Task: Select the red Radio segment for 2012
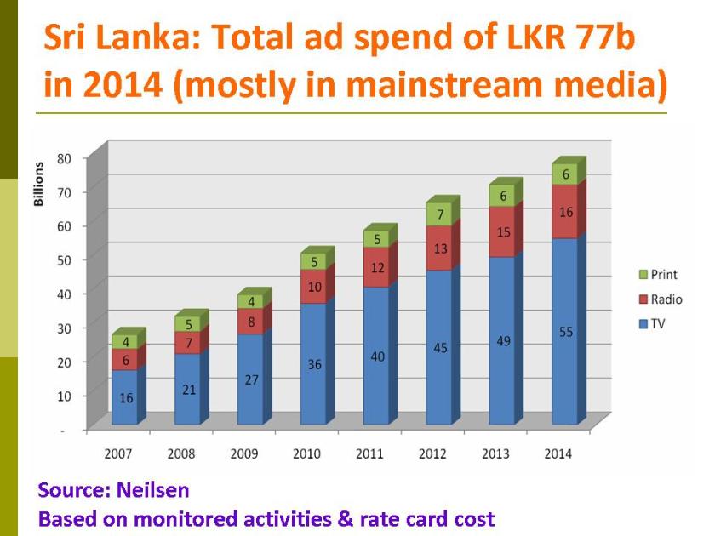pos(439,248)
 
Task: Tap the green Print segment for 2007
pos(124,342)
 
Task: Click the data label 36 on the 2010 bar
pos(313,364)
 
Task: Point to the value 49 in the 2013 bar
pos(502,340)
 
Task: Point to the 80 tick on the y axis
pos(64,158)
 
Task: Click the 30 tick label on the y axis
pos(64,328)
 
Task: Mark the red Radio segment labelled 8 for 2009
pos(250,322)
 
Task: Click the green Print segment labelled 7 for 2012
pos(439,214)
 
